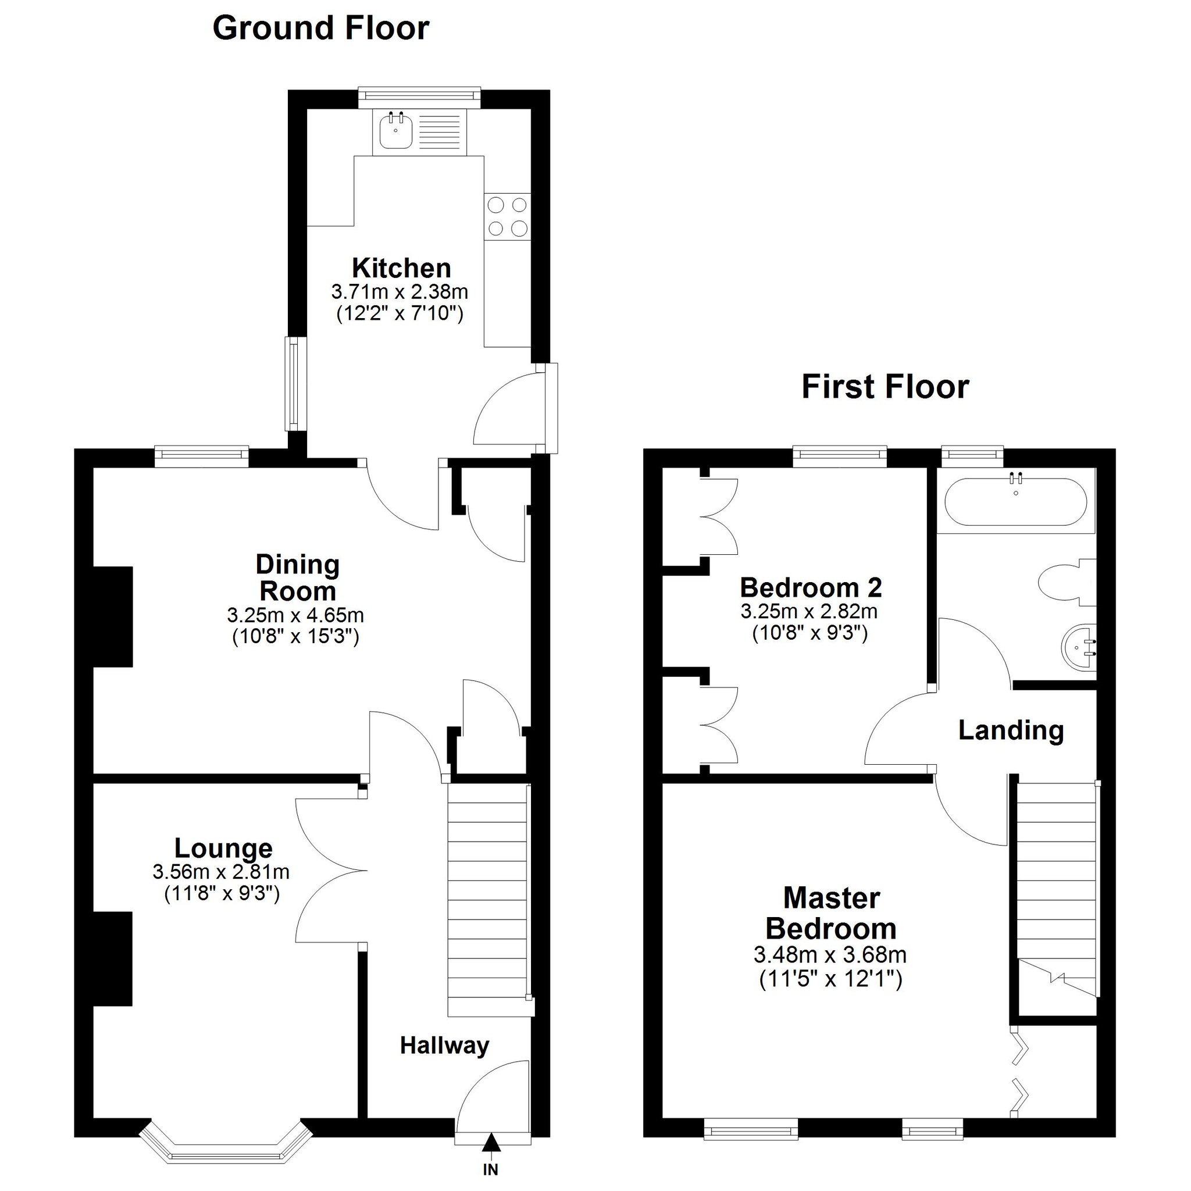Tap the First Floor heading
click(885, 387)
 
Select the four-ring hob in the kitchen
click(507, 216)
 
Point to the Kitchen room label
click(401, 268)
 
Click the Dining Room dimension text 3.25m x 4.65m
click(295, 615)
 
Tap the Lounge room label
click(223, 848)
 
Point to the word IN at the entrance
click(491, 1169)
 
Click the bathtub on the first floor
click(1016, 502)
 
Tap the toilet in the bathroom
click(1067, 582)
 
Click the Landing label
click(1011, 730)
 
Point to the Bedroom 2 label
click(811, 587)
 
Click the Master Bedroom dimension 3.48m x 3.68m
click(830, 955)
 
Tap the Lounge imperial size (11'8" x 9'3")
click(222, 893)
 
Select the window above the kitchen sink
click(419, 94)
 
